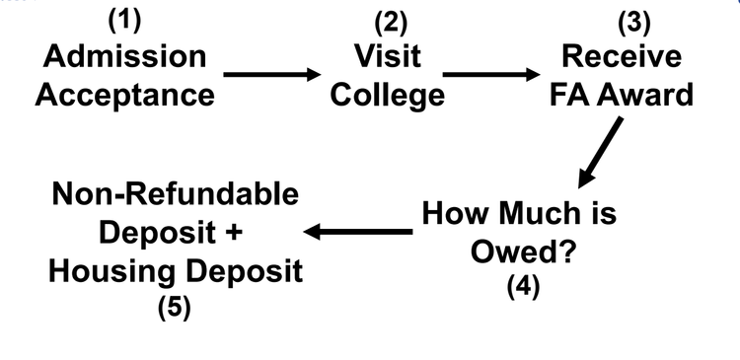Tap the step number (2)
click(x=390, y=21)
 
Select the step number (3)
click(x=634, y=21)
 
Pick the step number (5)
click(x=175, y=307)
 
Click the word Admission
click(x=125, y=56)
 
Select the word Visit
click(x=389, y=56)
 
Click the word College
click(x=388, y=96)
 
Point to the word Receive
click(x=635, y=56)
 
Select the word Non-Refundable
click(x=175, y=194)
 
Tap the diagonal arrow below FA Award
click(x=600, y=154)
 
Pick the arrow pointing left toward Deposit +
click(x=357, y=232)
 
